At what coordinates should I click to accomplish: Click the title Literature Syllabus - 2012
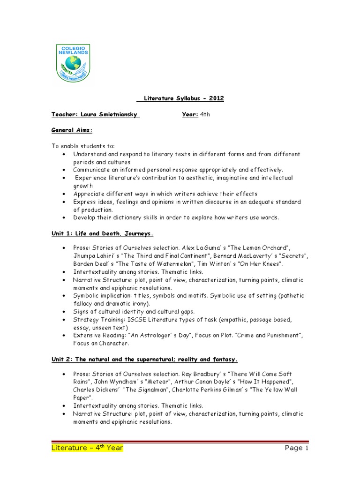180,98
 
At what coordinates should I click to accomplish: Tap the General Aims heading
72,130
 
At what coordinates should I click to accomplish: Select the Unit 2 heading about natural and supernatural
144,360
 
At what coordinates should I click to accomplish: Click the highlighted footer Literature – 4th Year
87,448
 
